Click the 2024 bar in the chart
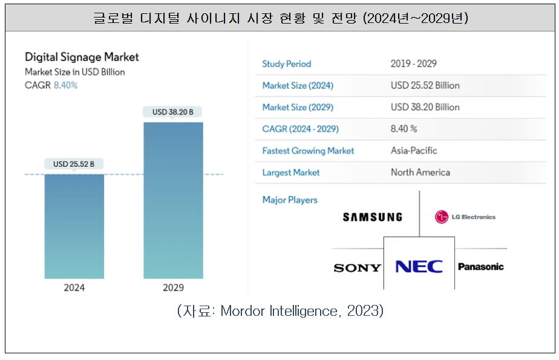coord(74,226)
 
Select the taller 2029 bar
coord(173,200)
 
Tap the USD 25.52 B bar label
coord(74,164)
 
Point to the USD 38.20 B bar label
coord(172,112)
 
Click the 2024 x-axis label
coord(74,287)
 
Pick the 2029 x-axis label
coord(173,287)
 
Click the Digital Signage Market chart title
coord(82,57)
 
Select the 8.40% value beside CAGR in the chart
coord(65,85)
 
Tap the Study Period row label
coord(286,64)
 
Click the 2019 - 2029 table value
coord(414,64)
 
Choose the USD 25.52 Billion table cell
coord(425,85)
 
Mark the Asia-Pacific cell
coord(414,151)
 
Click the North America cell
coord(420,172)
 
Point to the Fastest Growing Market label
coord(308,151)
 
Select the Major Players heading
coord(290,200)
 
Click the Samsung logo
coord(372,217)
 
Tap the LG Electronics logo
coord(465,217)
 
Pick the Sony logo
coord(357,267)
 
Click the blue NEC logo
coord(419,266)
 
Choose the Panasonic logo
coord(480,267)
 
